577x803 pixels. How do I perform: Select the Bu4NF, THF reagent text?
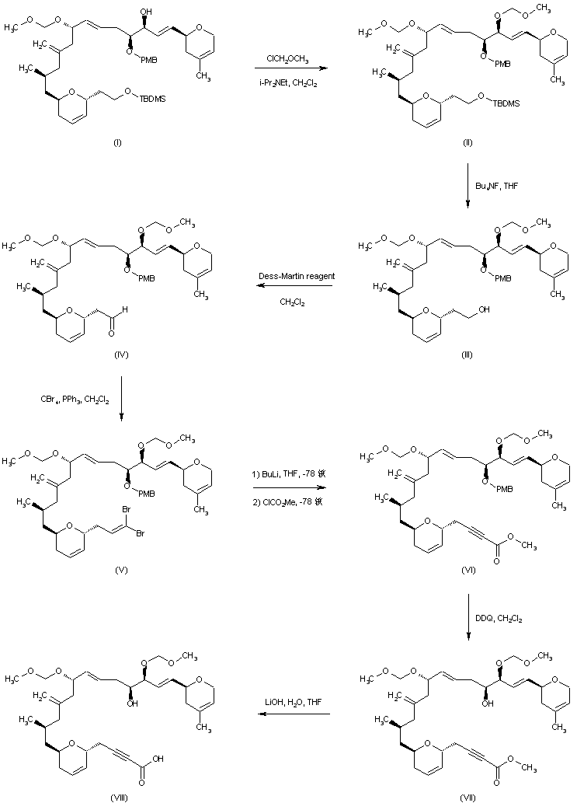(498, 185)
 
